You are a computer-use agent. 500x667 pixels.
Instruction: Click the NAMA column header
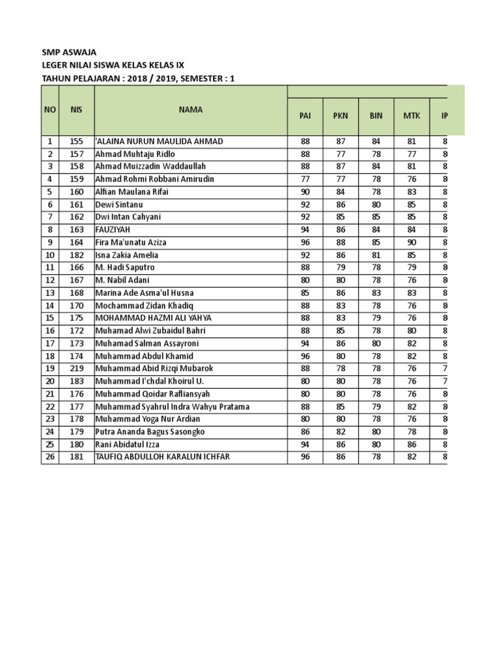(x=190, y=110)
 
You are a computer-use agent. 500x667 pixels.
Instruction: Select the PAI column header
(x=305, y=116)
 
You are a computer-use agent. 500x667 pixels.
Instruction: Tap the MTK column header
(x=411, y=116)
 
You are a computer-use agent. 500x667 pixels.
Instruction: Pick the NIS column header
(x=76, y=110)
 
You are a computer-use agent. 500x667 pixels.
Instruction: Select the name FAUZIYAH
(x=115, y=230)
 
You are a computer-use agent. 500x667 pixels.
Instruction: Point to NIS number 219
(x=76, y=369)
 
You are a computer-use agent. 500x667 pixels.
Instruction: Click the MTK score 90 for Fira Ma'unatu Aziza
(x=411, y=242)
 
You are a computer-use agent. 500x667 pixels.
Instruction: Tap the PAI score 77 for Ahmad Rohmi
(x=305, y=179)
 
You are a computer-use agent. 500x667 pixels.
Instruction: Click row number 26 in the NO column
(x=49, y=457)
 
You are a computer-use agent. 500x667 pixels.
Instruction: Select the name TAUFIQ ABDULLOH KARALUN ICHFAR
(x=162, y=457)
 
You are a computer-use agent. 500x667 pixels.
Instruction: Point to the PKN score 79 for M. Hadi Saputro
(x=340, y=268)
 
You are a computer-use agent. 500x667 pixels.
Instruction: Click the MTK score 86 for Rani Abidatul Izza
(x=411, y=444)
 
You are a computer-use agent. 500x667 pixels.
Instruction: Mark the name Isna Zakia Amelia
(x=127, y=255)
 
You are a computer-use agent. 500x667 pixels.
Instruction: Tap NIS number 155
(x=76, y=141)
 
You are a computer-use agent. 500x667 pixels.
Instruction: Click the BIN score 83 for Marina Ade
(x=376, y=293)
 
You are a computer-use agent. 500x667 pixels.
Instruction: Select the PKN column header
(x=340, y=116)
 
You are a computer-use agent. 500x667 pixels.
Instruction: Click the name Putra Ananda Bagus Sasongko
(x=150, y=432)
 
